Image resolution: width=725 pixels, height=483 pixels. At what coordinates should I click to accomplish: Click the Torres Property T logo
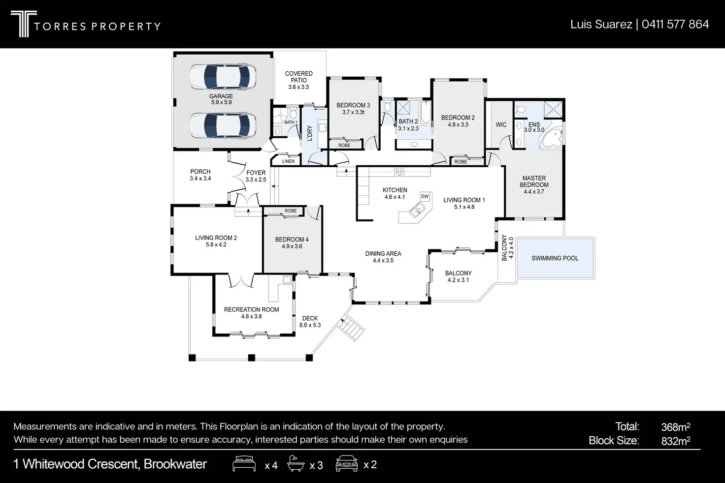coord(24,24)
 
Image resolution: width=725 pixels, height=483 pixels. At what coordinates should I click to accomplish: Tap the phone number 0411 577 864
coord(675,24)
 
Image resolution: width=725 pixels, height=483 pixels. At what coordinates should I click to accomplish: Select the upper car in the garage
coord(223,77)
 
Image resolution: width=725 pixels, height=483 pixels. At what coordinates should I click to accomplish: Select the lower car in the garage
coord(223,125)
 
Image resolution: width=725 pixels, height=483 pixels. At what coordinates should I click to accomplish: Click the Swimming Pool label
coord(555,258)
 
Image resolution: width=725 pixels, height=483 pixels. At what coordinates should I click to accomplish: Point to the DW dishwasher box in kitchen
coord(425,197)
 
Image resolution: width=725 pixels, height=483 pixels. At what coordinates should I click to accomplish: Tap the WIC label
coord(501,124)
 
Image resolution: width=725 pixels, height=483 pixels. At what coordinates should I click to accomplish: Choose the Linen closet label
coord(288,161)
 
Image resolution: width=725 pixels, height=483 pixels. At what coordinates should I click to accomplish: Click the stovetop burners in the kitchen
coord(399,172)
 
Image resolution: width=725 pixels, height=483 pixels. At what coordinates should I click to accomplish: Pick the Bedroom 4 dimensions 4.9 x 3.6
coord(292,246)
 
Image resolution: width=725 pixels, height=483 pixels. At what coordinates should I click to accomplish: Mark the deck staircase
coord(350,327)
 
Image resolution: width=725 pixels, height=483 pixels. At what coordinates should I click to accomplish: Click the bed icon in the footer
coord(244,464)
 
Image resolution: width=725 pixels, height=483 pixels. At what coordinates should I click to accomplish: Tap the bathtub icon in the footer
coord(296,463)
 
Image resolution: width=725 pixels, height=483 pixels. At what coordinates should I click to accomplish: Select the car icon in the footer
coord(347,464)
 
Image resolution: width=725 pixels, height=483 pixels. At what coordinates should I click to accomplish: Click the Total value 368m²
coord(675,427)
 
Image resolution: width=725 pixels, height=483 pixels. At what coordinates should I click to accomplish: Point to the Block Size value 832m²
coord(675,441)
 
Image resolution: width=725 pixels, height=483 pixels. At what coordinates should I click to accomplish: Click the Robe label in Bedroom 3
coord(344,145)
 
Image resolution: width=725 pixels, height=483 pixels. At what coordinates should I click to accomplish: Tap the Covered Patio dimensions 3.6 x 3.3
coord(298,87)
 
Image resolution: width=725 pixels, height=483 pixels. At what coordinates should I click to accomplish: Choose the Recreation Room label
coord(252,309)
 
